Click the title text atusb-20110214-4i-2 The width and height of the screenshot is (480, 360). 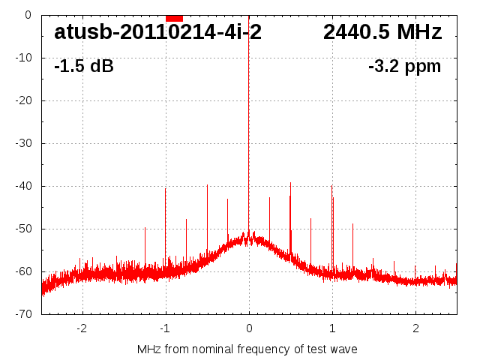[157, 32]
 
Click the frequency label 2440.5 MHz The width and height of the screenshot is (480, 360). [382, 32]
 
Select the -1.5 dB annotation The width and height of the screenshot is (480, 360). [84, 66]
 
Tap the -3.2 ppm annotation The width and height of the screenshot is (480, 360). [404, 66]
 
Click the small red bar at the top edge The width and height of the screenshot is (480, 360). [174, 18]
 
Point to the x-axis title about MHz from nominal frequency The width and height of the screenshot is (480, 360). [247, 349]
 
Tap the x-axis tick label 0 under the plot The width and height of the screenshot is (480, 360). [249, 328]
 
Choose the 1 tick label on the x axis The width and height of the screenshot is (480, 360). [332, 328]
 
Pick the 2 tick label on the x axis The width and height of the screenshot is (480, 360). [415, 328]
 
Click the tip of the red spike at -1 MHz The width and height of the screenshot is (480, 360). [166, 188]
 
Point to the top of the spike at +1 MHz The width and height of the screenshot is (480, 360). [331, 185]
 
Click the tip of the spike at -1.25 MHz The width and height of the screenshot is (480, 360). [145, 227]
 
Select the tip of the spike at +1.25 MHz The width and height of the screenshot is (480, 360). [352, 223]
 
